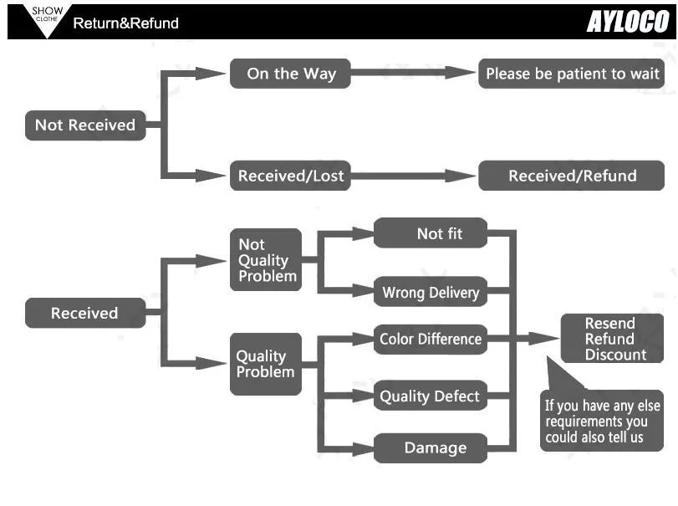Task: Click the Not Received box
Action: [85, 125]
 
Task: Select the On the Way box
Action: [290, 74]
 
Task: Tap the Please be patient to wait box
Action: [571, 74]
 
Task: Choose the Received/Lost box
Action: [290, 176]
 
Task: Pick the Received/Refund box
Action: [571, 176]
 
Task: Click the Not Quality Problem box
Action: [266, 259]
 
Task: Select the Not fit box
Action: [431, 233]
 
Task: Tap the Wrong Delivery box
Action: [431, 292]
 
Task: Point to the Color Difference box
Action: [431, 340]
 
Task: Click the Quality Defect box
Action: [431, 396]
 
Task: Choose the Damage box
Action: [431, 448]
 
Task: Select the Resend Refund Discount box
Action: [612, 338]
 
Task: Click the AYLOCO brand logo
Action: [628, 22]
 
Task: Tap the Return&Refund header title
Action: [126, 23]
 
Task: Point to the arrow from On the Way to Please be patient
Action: [413, 73]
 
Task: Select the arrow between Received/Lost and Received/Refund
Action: [413, 176]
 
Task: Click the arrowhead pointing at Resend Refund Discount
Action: [543, 339]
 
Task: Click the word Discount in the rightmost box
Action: [616, 355]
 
